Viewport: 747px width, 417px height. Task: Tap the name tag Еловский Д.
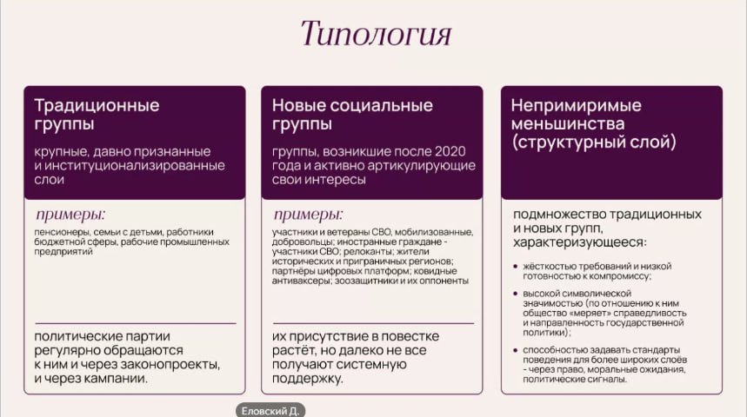[270, 410]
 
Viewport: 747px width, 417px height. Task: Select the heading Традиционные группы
[97, 115]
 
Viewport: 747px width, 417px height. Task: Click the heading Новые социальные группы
[352, 115]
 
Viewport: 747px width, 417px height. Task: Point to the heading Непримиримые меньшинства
[577, 115]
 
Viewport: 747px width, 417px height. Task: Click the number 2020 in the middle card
[450, 151]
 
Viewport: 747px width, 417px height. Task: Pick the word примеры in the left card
[70, 215]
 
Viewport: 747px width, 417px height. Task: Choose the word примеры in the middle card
[308, 215]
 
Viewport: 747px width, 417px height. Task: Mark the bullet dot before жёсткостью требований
[515, 267]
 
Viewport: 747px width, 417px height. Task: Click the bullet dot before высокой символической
[515, 294]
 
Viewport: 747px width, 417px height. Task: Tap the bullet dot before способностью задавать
[515, 350]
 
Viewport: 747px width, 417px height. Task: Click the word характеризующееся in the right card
[580, 242]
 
